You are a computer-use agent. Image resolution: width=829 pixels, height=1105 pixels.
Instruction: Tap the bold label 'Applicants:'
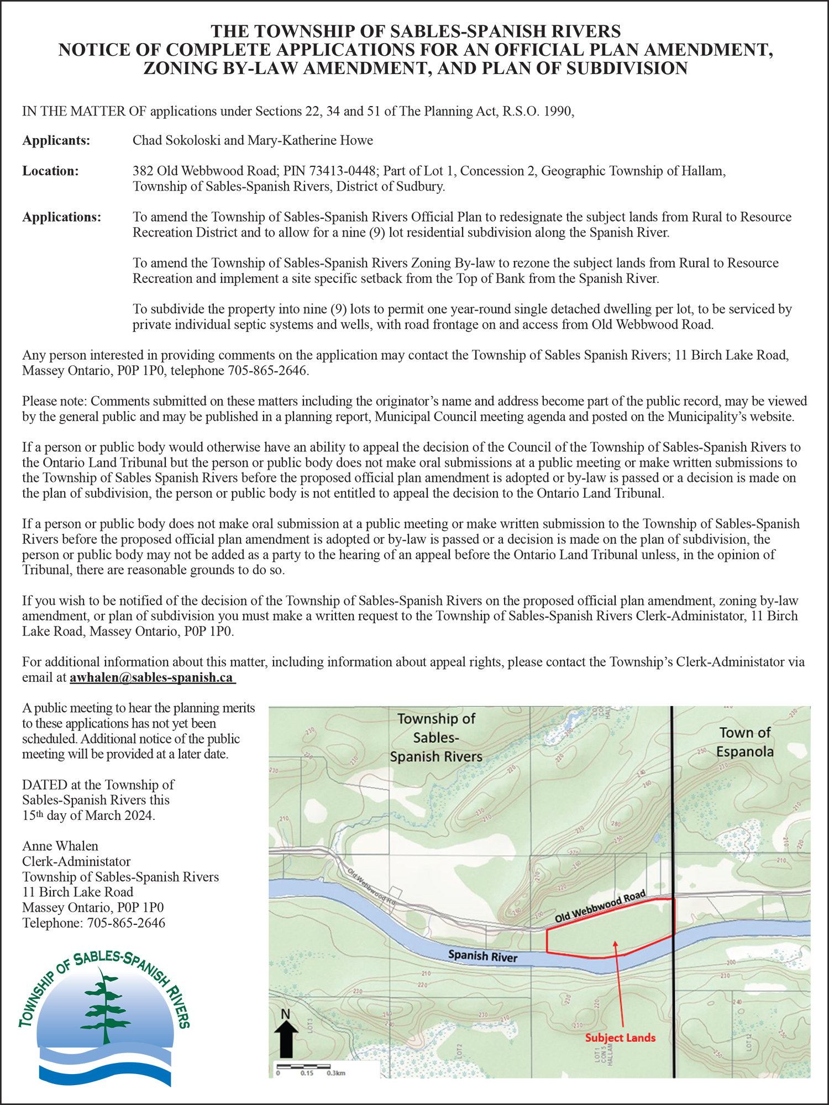[56, 140]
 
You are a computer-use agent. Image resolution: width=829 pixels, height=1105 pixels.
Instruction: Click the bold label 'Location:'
[50, 171]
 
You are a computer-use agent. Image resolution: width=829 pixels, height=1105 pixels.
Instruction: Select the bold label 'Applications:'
[61, 217]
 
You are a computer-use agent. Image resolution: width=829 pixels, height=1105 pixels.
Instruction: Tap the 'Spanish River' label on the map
[482, 956]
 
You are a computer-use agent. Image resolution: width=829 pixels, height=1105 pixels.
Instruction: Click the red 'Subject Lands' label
[620, 1038]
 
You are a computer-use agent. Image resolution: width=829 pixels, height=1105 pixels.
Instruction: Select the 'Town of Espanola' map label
[744, 742]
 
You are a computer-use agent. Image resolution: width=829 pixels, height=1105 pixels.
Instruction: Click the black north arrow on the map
[286, 1038]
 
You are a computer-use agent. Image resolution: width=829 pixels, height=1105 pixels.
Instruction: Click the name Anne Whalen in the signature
[60, 846]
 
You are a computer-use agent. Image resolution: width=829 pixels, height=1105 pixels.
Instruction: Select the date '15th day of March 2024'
[88, 815]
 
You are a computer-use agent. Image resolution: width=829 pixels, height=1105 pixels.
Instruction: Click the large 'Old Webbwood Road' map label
[600, 907]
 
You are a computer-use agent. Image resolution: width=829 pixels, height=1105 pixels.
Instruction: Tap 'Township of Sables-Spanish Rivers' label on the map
[436, 738]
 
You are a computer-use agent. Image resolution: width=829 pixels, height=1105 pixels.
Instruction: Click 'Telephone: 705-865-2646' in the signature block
[93, 923]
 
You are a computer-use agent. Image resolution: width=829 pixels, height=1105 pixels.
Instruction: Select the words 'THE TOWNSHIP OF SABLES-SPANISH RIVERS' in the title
[416, 31]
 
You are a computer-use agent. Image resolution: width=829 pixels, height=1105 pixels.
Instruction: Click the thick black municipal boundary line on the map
[673, 801]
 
